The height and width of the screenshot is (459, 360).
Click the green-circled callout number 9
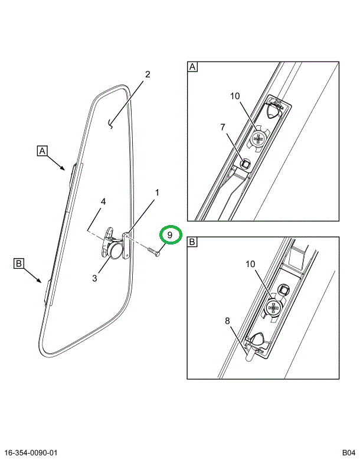point(169,235)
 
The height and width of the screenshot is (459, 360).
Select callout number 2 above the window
point(148,74)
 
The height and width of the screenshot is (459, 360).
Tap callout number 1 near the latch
point(157,192)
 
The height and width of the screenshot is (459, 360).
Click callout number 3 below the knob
point(94,278)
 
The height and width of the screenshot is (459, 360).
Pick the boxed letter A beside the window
point(42,151)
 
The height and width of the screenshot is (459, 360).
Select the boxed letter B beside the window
point(18,265)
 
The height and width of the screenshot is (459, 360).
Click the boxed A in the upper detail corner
point(192,67)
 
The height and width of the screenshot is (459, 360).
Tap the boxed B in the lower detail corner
point(192,242)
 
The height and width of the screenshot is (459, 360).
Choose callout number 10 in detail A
point(235,96)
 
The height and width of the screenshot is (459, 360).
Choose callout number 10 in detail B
point(251,264)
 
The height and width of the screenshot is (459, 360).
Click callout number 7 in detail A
point(222,127)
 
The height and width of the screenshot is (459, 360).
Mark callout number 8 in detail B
point(227,321)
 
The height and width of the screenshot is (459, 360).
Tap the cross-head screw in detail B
point(274,307)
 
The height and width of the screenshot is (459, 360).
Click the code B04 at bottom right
point(346,453)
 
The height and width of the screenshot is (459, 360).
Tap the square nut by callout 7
point(245,161)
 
